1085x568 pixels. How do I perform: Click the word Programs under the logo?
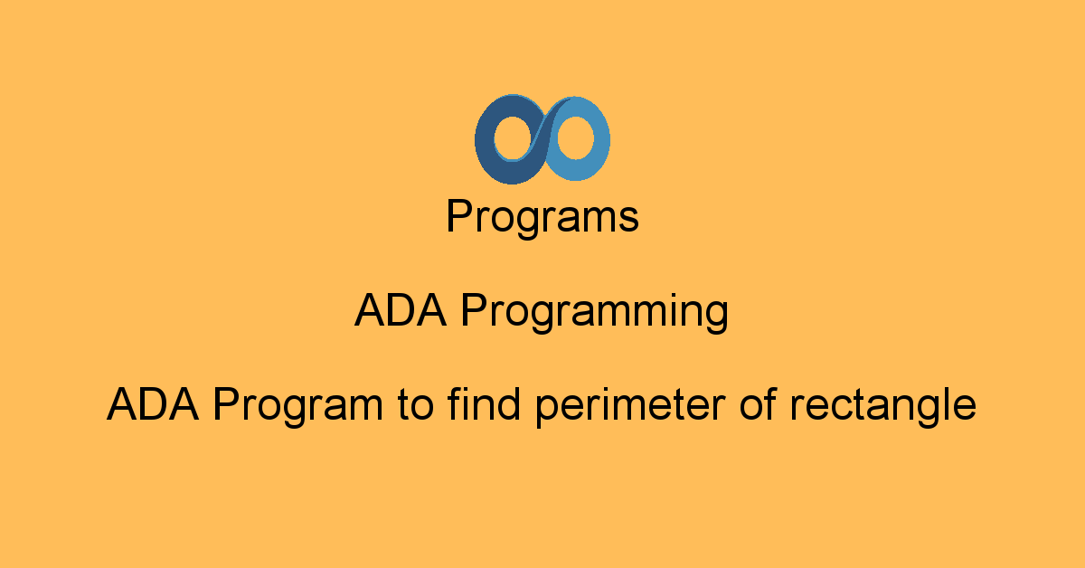pyautogui.click(x=542, y=218)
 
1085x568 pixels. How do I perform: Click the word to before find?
pyautogui.click(x=415, y=404)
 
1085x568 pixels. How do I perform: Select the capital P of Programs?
pyautogui.click(x=458, y=218)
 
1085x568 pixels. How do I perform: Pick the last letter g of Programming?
pyautogui.click(x=716, y=317)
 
